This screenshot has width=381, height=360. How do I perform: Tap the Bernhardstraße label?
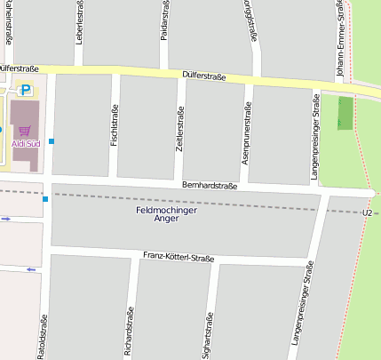click(x=209, y=186)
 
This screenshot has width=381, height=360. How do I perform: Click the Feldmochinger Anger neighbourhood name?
click(x=166, y=215)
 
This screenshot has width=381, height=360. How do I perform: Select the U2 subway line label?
click(x=367, y=213)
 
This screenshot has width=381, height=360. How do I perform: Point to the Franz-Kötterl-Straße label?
click(x=178, y=258)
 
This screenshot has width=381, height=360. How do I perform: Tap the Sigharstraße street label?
click(x=209, y=336)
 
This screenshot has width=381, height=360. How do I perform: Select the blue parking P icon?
click(x=25, y=90)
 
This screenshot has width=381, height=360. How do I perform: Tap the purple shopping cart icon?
click(x=24, y=131)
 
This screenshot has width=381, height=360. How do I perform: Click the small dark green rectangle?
click(x=345, y=112)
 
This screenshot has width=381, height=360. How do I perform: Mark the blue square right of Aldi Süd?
click(x=52, y=141)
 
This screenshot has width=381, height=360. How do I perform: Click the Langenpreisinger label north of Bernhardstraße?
click(x=315, y=133)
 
